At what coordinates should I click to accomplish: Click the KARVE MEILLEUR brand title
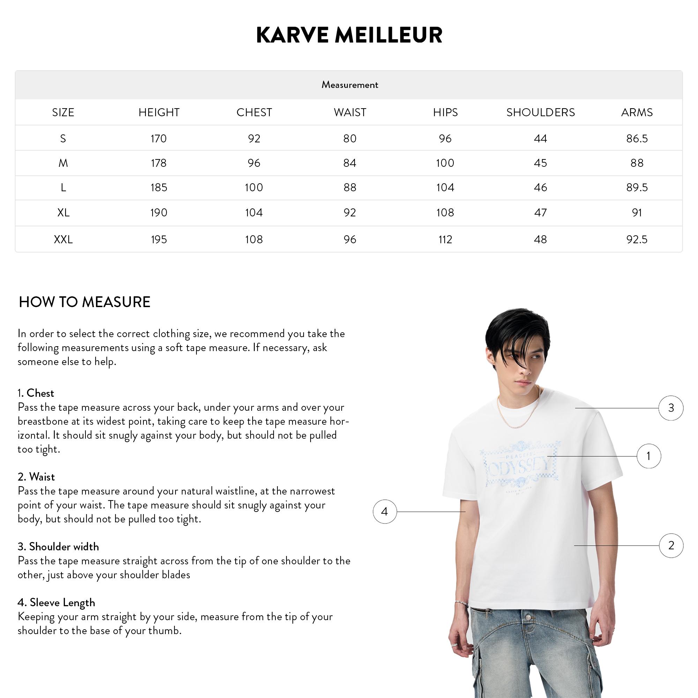(349, 35)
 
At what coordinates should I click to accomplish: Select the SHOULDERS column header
(540, 112)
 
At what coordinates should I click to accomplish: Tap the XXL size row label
(63, 239)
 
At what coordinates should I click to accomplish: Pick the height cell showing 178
(158, 163)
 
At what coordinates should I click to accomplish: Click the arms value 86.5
(637, 138)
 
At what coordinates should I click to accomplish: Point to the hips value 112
(445, 239)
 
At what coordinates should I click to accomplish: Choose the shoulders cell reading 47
(540, 213)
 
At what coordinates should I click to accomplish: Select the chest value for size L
(254, 187)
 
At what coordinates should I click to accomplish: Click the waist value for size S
(350, 138)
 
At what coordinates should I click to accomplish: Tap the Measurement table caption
(349, 85)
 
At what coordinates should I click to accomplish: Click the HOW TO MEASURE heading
(84, 302)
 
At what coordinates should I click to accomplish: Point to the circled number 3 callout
(671, 408)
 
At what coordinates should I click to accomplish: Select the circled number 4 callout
(384, 511)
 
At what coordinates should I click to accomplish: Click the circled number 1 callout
(648, 456)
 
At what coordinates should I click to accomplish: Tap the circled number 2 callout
(671, 545)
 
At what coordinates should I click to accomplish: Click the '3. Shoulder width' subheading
(58, 547)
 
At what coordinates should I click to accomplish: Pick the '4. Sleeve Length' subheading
(56, 602)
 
